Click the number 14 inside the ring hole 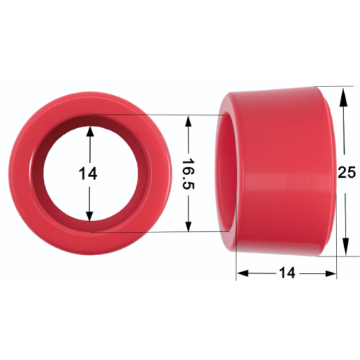(88, 174)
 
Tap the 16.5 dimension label (188, 174)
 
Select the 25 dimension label (346, 172)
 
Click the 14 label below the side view (287, 273)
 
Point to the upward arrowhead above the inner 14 (90, 132)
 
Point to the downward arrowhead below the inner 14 (89, 215)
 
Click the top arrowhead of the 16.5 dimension (189, 121)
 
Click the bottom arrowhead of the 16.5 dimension (189, 226)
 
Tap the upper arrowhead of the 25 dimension (343, 96)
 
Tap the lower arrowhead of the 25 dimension (346, 246)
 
